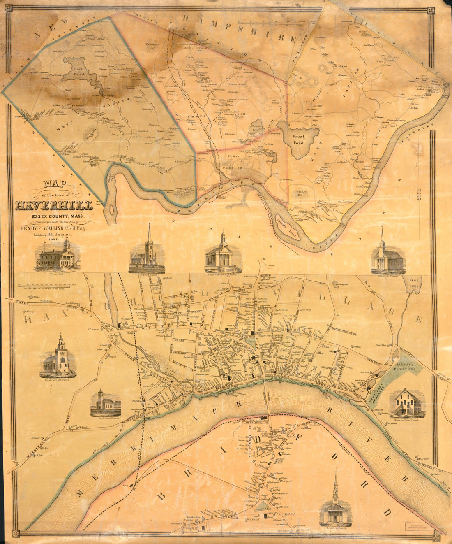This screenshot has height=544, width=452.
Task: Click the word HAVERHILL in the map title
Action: pyautogui.click(x=54, y=205)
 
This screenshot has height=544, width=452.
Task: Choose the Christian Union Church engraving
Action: pyautogui.click(x=409, y=403)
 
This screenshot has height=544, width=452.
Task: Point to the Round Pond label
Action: pyautogui.click(x=255, y=128)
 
